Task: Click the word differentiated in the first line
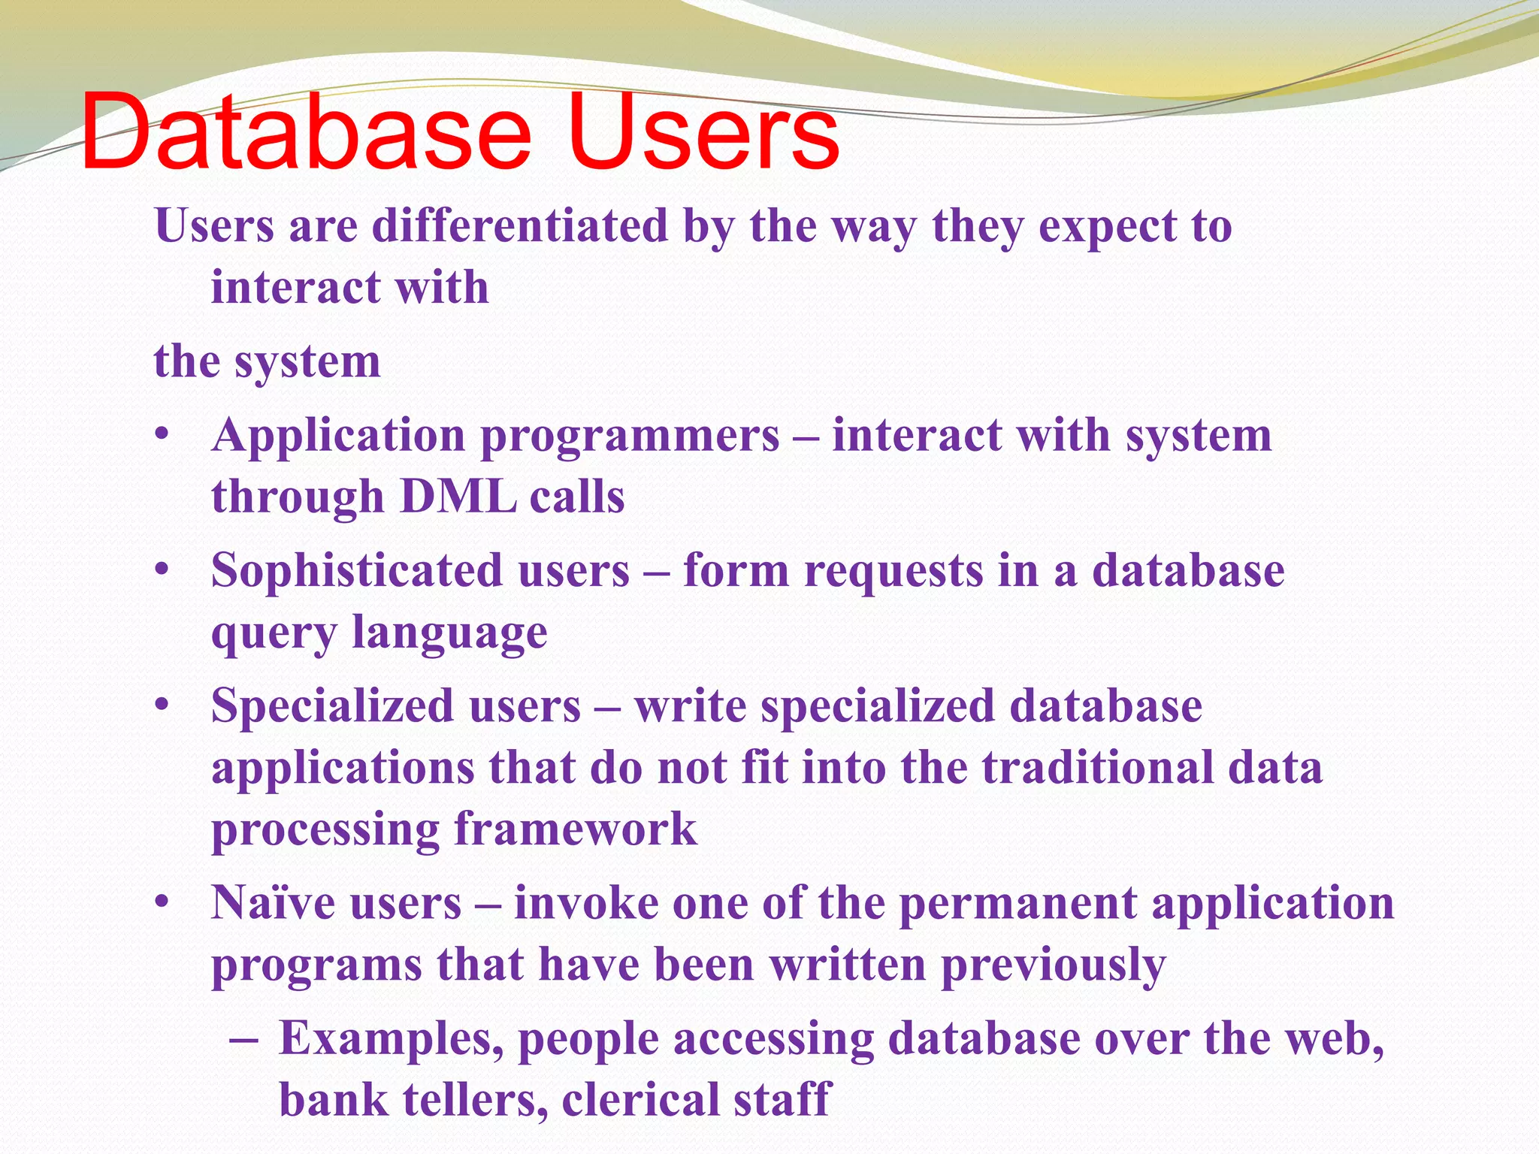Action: [520, 225]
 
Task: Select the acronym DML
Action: [458, 497]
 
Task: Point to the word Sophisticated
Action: [355, 571]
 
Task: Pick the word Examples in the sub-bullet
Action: [391, 1039]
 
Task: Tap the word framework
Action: [576, 829]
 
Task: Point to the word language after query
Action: [449, 633]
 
